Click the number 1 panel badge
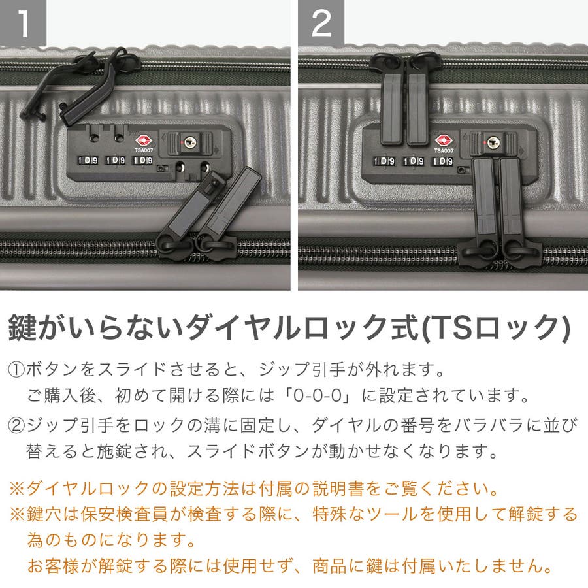[x=23, y=23]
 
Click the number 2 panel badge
[x=321, y=23]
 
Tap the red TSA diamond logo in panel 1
[x=144, y=140]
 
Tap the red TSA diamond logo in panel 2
[x=444, y=141]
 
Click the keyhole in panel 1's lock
[x=189, y=142]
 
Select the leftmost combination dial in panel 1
[x=88, y=161]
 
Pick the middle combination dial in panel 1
[x=115, y=161]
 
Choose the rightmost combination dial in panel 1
[x=142, y=161]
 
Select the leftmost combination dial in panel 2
[x=384, y=161]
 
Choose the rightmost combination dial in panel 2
[x=443, y=161]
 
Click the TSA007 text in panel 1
[x=144, y=150]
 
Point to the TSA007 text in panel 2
[x=444, y=151]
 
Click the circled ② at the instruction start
[x=16, y=425]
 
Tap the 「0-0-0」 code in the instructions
[x=318, y=396]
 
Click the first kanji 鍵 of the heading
[x=22, y=328]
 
